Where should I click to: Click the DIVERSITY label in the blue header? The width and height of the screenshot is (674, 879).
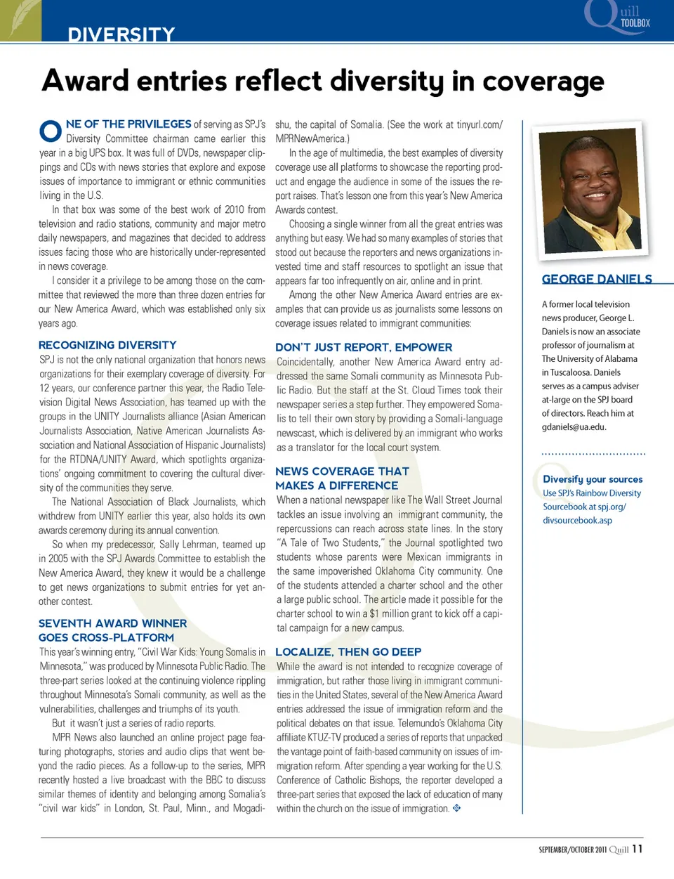121,34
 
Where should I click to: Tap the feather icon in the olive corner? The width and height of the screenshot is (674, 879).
20,18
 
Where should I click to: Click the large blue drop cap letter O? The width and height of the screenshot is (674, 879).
51,131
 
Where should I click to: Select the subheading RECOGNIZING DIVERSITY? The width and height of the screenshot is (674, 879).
107,345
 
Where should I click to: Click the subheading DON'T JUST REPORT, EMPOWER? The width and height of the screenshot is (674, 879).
364,347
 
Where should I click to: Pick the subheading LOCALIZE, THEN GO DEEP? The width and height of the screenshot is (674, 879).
348,652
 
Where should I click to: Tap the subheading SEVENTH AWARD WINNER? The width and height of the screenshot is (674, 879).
112,623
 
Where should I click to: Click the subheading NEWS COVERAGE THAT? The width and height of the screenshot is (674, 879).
342,471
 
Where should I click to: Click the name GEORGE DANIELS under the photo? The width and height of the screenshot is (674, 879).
597,279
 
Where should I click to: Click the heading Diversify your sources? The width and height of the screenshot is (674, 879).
593,479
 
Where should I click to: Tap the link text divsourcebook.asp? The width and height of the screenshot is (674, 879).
577,521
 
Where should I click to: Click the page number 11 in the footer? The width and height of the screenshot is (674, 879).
637,849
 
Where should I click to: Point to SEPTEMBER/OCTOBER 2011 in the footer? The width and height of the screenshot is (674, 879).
572,849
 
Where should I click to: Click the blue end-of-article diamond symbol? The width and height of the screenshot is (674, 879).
456,808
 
